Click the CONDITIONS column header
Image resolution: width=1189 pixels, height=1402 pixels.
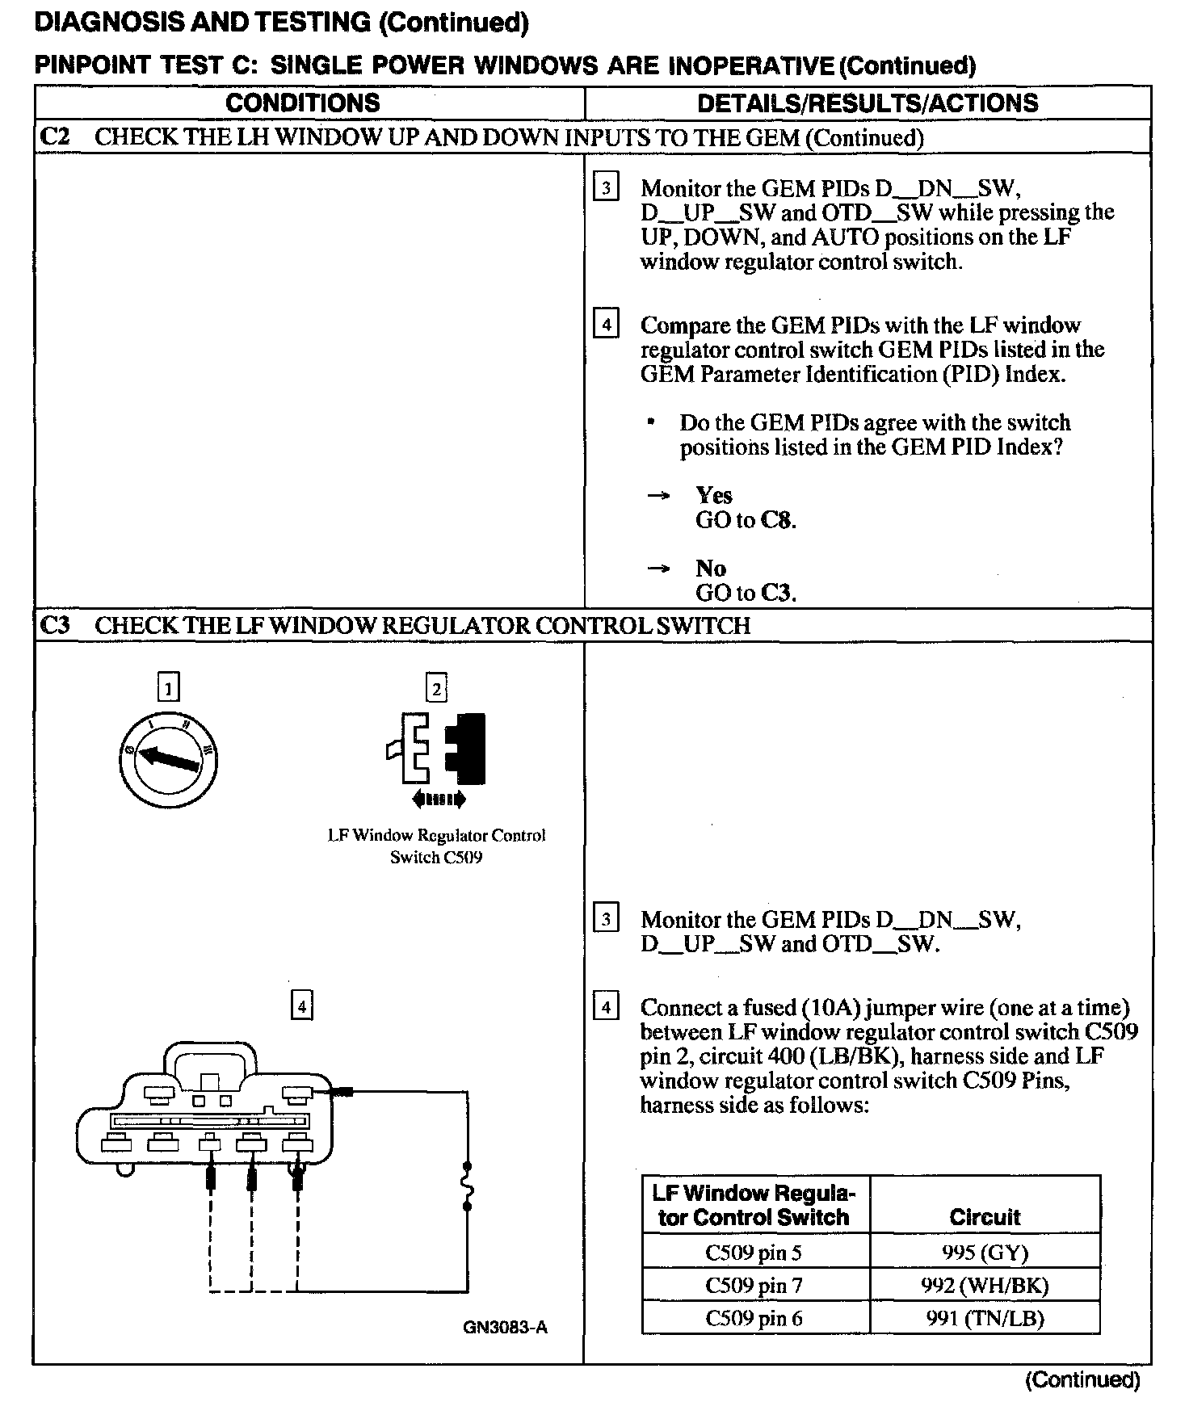pyautogui.click(x=303, y=103)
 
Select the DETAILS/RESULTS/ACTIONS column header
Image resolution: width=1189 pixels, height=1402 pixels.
pyautogui.click(x=868, y=103)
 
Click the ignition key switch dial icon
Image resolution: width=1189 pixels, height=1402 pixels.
pyautogui.click(x=168, y=759)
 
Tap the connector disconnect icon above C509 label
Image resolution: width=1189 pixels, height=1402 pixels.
pyautogui.click(x=437, y=750)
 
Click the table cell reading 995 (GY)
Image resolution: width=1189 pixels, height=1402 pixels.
pyautogui.click(x=985, y=1253)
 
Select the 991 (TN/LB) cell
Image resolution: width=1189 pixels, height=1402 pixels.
pyautogui.click(x=985, y=1318)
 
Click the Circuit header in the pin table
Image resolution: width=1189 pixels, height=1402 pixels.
pyautogui.click(x=985, y=1217)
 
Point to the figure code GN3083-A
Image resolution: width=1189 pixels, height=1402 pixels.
pyautogui.click(x=506, y=1327)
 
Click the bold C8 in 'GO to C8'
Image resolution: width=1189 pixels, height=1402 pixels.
pyautogui.click(x=777, y=520)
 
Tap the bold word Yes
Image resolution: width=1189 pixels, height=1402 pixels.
pyautogui.click(x=714, y=495)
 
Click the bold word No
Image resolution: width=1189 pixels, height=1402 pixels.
pyautogui.click(x=711, y=568)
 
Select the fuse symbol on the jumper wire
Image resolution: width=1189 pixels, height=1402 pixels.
pyautogui.click(x=467, y=1186)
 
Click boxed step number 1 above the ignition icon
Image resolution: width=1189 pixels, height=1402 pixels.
pyautogui.click(x=168, y=688)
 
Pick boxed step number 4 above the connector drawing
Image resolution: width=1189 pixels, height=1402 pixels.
pyautogui.click(x=301, y=1005)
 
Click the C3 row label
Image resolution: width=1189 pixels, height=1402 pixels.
pyautogui.click(x=54, y=625)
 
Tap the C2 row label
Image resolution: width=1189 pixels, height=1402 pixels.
pyautogui.click(x=54, y=136)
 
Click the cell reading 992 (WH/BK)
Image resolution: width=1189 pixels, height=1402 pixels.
pyautogui.click(x=985, y=1285)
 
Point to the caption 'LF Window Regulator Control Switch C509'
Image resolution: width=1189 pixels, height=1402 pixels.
pyautogui.click(x=436, y=846)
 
